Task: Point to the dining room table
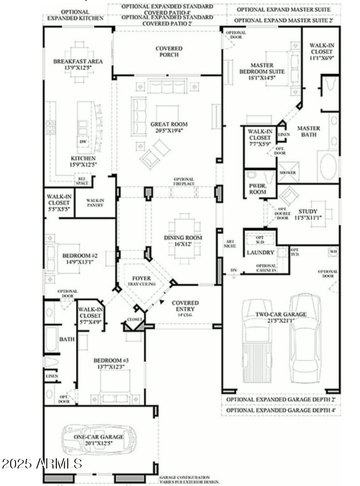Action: [x=184, y=238]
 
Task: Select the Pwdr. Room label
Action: [x=257, y=189]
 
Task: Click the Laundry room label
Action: [x=261, y=253]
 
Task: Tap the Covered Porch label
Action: [x=169, y=52]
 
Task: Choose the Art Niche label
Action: [x=230, y=243]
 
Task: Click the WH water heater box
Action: [x=333, y=251]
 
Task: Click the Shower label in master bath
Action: [x=288, y=173]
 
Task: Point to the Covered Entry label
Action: [x=185, y=306]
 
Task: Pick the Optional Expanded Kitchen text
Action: [x=75, y=15]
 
